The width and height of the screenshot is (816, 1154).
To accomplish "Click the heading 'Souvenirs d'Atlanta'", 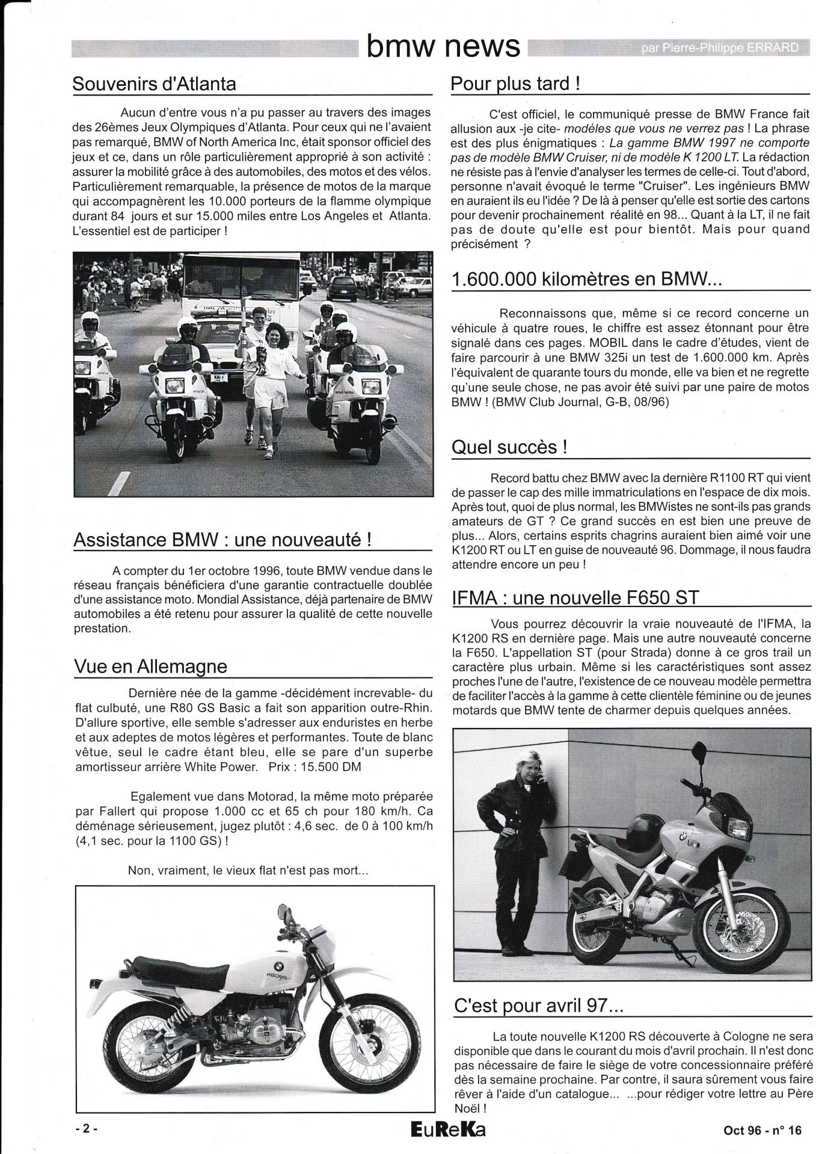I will click(x=154, y=84).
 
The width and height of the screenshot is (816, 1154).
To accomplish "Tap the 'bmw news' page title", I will click(x=443, y=46).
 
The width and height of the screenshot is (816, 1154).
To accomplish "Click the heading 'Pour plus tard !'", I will click(x=515, y=84).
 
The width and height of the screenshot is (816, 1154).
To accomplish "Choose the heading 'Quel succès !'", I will click(x=509, y=447).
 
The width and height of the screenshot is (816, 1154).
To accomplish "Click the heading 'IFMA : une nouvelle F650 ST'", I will click(x=575, y=597).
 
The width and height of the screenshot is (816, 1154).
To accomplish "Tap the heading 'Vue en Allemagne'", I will click(x=150, y=666).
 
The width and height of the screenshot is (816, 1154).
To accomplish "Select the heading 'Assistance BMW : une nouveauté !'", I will click(x=222, y=539).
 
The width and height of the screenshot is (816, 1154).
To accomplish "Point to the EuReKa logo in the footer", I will click(x=447, y=1130).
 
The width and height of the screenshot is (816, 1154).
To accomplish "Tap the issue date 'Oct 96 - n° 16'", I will click(x=762, y=1130).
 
